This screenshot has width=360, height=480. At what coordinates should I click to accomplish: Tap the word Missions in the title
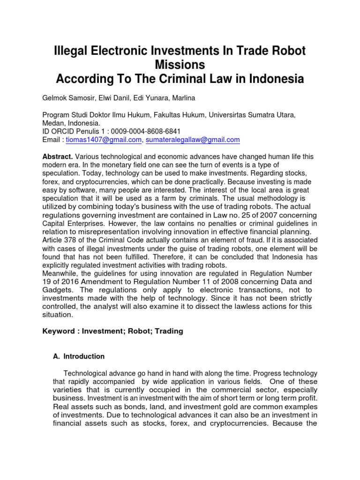(x=180, y=65)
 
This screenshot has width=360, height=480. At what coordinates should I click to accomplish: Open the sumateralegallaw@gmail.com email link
(x=193, y=140)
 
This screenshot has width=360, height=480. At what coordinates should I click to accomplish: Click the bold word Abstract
(x=57, y=157)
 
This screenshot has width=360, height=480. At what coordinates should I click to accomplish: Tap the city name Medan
(x=53, y=123)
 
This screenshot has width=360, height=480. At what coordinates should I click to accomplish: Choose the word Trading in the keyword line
(x=167, y=331)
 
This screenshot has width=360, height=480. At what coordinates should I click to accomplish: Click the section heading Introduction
(x=84, y=356)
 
